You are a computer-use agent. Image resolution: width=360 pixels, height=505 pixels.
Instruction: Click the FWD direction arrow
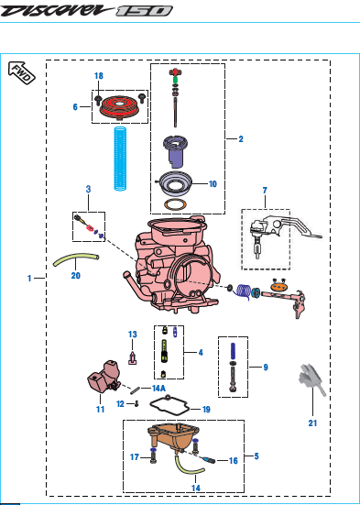[21, 72]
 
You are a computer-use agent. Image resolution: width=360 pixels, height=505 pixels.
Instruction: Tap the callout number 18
[99, 76]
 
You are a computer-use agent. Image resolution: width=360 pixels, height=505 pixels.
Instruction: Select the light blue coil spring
[120, 159]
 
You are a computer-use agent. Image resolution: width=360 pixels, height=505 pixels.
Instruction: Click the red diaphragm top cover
[119, 107]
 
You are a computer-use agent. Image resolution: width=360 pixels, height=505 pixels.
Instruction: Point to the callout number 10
[213, 184]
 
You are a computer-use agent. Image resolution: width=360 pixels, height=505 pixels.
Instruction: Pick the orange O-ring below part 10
[176, 204]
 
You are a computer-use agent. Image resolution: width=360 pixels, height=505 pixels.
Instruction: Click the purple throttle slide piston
[177, 152]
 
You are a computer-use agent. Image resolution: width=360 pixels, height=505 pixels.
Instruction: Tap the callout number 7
[265, 191]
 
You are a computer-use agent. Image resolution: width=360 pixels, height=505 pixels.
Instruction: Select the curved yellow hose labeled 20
[76, 259]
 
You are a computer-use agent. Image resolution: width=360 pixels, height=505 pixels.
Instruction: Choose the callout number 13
[133, 335]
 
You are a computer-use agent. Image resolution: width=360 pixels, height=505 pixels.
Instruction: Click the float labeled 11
[104, 377]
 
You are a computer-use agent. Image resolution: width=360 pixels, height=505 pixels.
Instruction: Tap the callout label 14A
[158, 388]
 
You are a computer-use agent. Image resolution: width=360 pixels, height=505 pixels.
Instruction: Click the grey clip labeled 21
[311, 380]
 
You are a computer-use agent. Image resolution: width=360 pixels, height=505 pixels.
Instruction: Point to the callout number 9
[266, 368]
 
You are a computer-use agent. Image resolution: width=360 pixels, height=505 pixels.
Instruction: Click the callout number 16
[234, 461]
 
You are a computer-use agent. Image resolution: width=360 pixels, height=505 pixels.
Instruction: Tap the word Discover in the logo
[58, 11]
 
